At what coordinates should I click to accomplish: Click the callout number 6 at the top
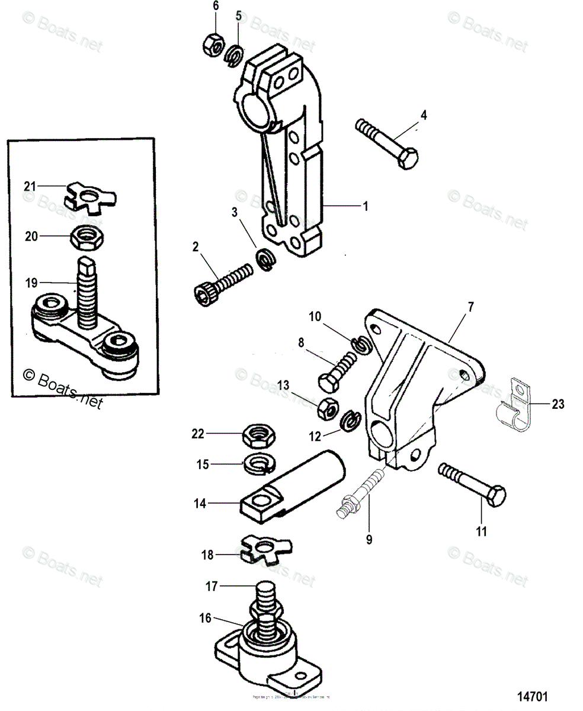click(216, 6)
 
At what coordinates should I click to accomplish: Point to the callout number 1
click(366, 206)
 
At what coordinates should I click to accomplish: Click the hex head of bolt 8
click(329, 382)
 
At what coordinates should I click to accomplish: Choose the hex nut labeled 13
click(326, 408)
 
